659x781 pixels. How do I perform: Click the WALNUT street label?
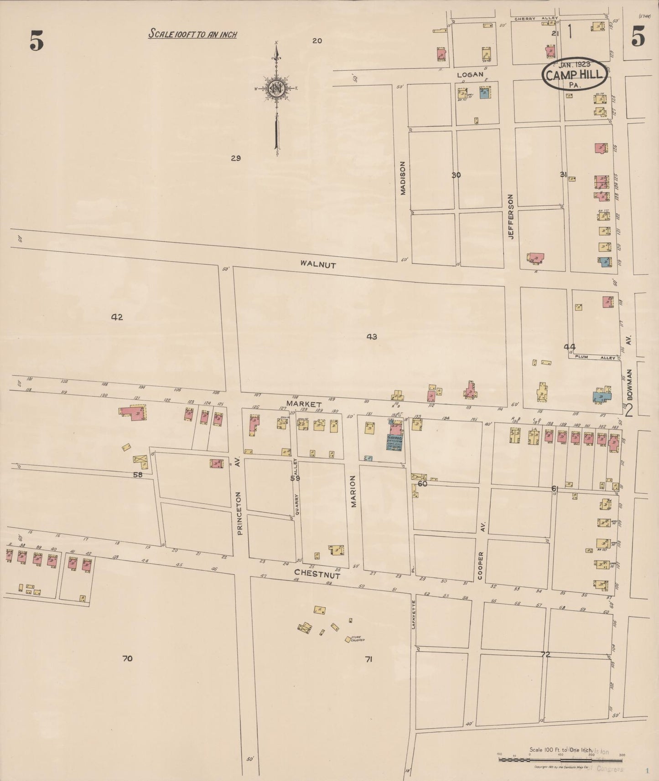pyautogui.click(x=318, y=264)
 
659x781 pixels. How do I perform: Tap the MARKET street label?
pyautogui.click(x=304, y=404)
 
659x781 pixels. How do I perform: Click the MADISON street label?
pyautogui.click(x=403, y=178)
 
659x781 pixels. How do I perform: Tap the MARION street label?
pyautogui.click(x=353, y=492)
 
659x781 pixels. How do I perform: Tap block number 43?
pyautogui.click(x=372, y=337)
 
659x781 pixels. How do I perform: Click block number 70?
pyautogui.click(x=127, y=658)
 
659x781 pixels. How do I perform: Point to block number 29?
pyautogui.click(x=235, y=159)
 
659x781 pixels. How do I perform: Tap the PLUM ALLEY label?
pyautogui.click(x=595, y=358)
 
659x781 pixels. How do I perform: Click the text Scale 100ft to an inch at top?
pyautogui.click(x=192, y=34)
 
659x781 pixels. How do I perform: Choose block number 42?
pyautogui.click(x=117, y=317)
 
